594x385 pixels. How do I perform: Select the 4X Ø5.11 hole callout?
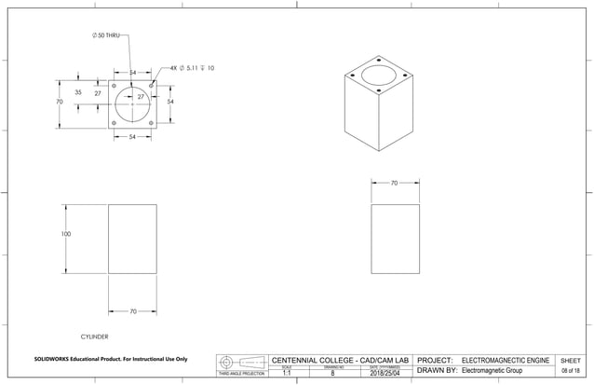pyautogui.click(x=191, y=68)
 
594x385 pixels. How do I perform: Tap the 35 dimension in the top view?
pyautogui.click(x=78, y=93)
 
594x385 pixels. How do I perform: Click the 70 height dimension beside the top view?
pyautogui.click(x=60, y=101)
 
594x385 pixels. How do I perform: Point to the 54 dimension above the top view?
pyautogui.click(x=133, y=72)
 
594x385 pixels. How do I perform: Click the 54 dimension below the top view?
pyautogui.click(x=133, y=137)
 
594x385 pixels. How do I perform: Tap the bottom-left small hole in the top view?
pyautogui.click(x=114, y=122)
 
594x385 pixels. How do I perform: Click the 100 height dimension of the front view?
pyautogui.click(x=66, y=234)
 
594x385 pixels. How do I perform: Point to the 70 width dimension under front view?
pyautogui.click(x=133, y=310)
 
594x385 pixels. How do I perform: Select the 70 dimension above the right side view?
pyautogui.click(x=394, y=184)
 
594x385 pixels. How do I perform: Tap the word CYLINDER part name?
pyautogui.click(x=97, y=333)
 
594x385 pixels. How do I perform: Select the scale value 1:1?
pyautogui.click(x=287, y=373)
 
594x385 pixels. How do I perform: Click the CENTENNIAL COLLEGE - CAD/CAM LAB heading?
pyautogui.click(x=339, y=359)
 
